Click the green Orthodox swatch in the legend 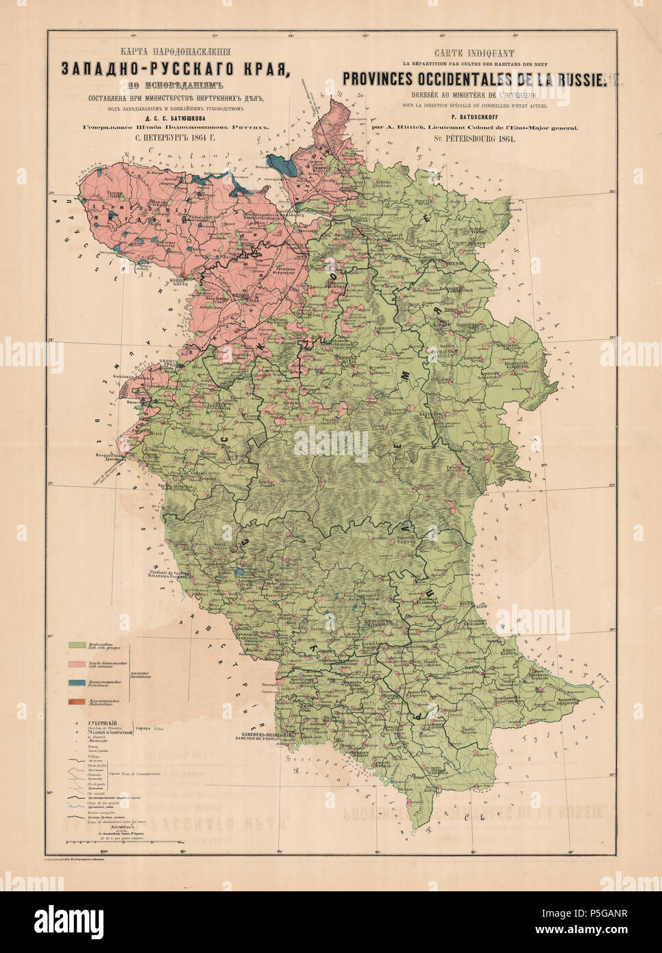[x=79, y=646]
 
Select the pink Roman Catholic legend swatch [x=79, y=664]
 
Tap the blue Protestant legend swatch [x=79, y=683]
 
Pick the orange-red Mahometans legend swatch [x=79, y=701]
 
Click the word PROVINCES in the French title [x=388, y=80]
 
